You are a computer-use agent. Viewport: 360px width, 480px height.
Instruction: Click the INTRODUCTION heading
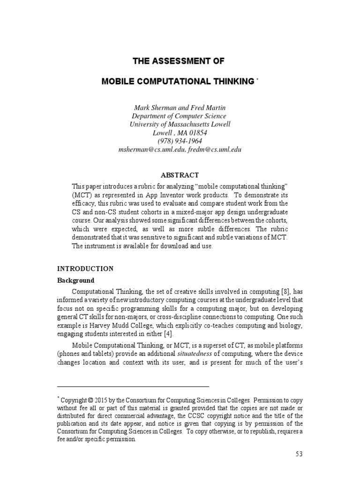85,269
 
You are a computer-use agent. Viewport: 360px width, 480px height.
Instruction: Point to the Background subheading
75,281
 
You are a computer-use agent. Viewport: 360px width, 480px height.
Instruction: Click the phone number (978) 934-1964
180,141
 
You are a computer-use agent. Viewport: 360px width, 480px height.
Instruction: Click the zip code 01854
197,133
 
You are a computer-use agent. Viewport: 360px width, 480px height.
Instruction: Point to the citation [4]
167,334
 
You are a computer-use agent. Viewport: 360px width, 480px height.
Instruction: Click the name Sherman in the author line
162,108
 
